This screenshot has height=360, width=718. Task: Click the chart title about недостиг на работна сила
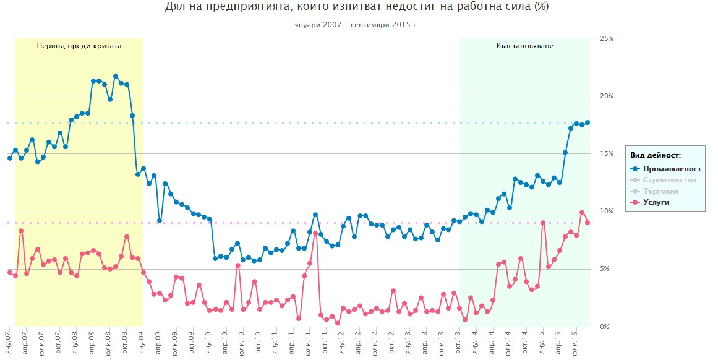[356, 7]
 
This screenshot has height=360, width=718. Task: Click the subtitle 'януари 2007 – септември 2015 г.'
[356, 25]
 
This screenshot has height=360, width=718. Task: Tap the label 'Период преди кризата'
[79, 46]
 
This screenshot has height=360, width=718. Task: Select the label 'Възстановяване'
[525, 46]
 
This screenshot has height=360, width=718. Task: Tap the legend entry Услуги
[656, 202]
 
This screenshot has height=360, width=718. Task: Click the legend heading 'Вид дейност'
[655, 155]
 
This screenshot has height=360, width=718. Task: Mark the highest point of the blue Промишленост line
[116, 77]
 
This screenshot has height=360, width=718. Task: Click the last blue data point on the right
[588, 122]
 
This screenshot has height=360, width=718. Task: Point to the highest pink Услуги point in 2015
[582, 212]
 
